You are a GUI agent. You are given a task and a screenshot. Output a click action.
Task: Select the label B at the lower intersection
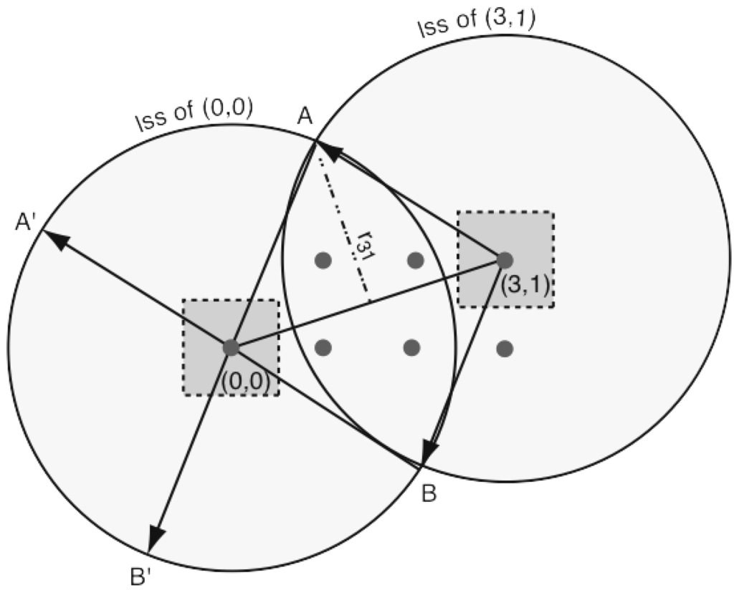click(x=429, y=494)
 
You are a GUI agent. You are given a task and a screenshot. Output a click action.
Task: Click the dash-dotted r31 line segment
click(x=343, y=221)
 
